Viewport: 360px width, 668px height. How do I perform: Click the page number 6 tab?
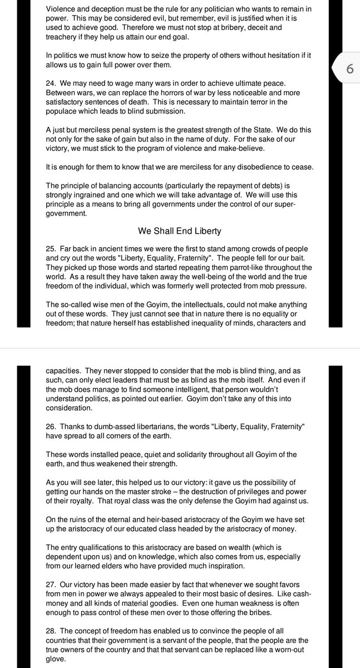click(349, 70)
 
